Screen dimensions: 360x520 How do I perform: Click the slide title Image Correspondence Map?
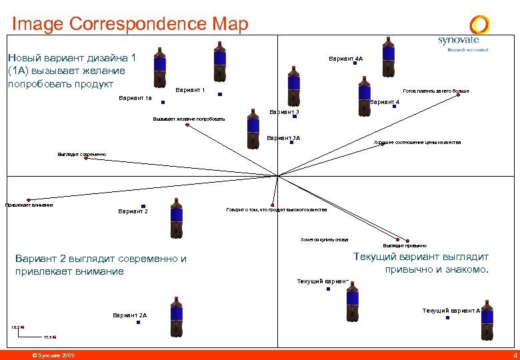coord(130,25)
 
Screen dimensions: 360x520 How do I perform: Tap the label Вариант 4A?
coord(345,59)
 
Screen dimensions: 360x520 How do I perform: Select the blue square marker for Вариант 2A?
coord(139,322)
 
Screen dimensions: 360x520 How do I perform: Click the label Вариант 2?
coord(133,212)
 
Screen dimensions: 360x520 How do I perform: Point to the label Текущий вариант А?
coord(451,311)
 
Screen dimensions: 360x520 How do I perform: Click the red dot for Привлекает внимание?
coord(29,199)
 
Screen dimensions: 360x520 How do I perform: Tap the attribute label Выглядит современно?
coord(81,154)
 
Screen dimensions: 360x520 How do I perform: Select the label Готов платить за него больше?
coord(436,91)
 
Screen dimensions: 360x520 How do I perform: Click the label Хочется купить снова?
coord(324,239)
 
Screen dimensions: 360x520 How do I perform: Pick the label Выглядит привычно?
coord(405,245)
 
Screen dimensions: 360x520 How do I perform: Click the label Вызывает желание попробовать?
coord(189,119)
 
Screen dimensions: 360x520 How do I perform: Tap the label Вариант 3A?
coord(283,138)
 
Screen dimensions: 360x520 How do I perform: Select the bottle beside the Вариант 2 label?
coord(176,218)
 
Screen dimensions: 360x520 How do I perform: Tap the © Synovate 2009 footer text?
coord(53,355)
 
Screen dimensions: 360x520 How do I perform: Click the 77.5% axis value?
coord(50,337)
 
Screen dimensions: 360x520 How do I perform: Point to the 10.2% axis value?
coord(17,327)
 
